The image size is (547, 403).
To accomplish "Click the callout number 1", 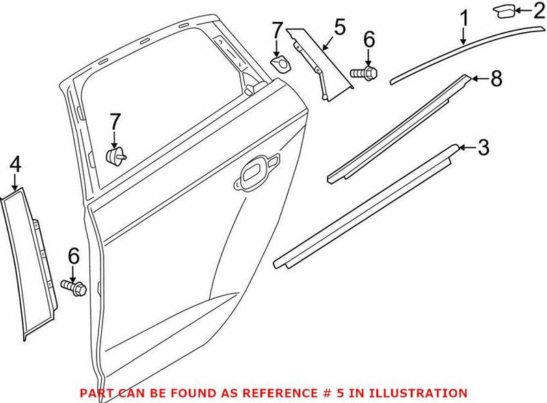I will tap(464, 18).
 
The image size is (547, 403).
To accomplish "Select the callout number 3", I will tap(483, 147).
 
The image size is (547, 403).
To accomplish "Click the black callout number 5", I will tap(340, 29).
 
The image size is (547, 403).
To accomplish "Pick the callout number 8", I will tap(496, 79).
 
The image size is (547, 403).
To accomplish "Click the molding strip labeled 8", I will tap(397, 130).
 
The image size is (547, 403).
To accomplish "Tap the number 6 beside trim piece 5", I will tap(369, 40).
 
